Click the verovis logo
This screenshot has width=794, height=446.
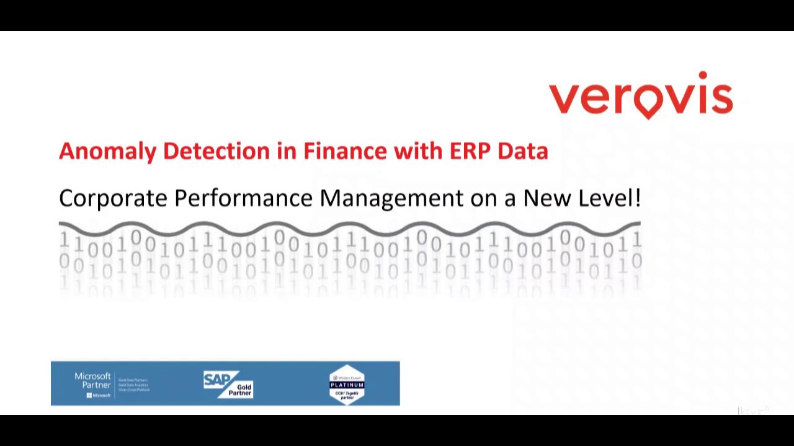640,95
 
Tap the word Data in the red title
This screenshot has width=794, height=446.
523,151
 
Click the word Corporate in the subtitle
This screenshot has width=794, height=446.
113,199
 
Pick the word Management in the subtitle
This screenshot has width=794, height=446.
391,199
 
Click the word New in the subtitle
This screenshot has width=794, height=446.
547,198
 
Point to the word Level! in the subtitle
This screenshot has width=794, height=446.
609,198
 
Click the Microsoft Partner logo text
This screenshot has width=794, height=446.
92,380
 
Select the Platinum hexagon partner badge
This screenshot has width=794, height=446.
347,385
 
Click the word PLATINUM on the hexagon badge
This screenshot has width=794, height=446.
347,385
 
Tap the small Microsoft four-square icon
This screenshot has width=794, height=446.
89,395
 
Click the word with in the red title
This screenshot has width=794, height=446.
417,151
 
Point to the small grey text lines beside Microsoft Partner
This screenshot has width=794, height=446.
133,385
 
